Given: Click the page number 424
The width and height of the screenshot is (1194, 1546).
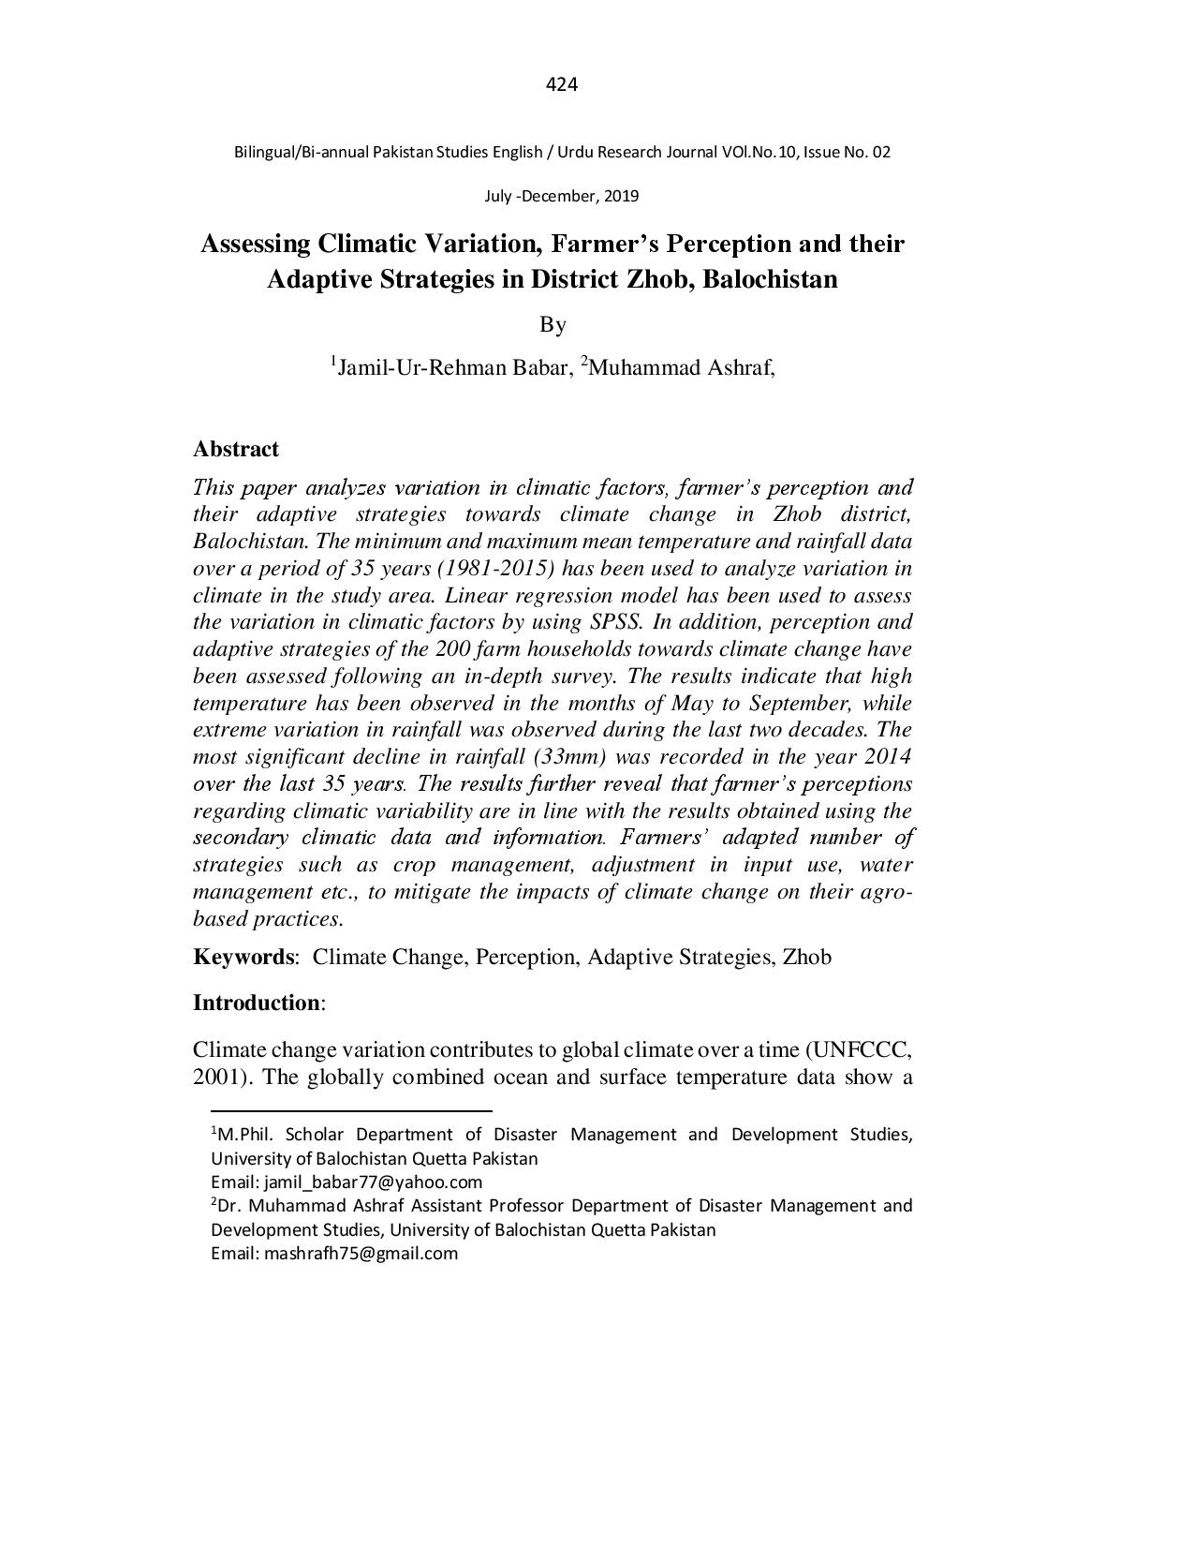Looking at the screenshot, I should [x=561, y=85].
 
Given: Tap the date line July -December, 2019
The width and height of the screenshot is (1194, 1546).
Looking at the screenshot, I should [x=561, y=197].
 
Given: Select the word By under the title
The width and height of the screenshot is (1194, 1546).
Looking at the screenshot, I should [x=553, y=324].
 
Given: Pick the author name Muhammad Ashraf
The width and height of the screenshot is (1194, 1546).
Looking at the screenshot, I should [x=680, y=367].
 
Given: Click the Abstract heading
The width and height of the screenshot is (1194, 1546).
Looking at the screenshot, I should [x=236, y=449].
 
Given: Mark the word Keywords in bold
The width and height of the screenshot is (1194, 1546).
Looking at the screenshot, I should [x=243, y=957].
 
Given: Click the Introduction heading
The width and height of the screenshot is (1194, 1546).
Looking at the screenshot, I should [x=257, y=1003].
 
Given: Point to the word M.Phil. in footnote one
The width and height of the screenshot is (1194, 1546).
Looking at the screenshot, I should [x=246, y=1135].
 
